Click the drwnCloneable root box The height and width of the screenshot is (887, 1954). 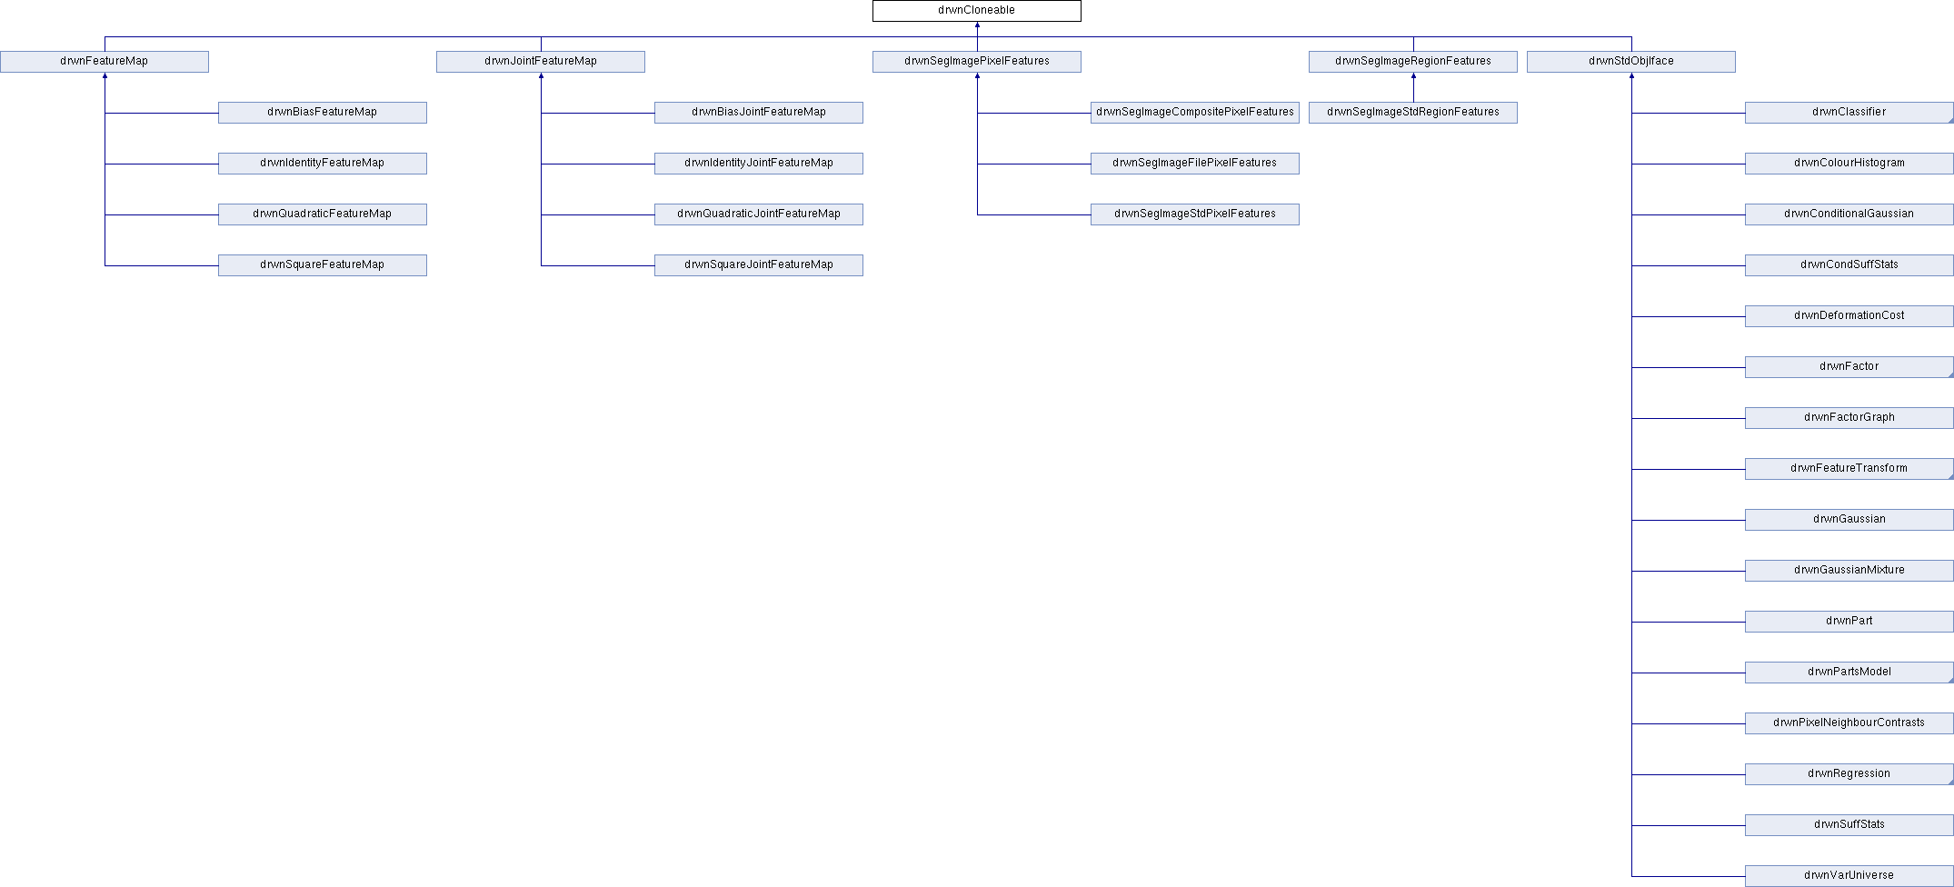tap(977, 11)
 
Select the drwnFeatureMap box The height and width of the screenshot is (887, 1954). tap(105, 62)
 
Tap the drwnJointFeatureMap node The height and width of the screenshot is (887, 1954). tap(541, 62)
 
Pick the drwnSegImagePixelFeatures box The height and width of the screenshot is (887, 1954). tap(977, 62)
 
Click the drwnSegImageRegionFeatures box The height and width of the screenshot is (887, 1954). tap(1413, 62)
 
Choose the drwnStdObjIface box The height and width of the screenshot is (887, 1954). tap(1631, 62)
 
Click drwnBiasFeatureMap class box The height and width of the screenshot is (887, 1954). tap(323, 113)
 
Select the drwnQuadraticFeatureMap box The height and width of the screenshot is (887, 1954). tap(323, 214)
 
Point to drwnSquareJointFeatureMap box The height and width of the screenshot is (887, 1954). tap(759, 265)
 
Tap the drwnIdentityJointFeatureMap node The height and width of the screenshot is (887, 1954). tap(759, 164)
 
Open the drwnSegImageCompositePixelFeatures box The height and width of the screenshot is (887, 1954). tap(1195, 113)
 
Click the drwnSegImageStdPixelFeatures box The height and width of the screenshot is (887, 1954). tap(1195, 214)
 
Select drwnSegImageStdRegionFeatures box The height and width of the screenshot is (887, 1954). tap(1413, 113)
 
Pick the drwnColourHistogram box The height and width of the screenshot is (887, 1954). tap(1849, 164)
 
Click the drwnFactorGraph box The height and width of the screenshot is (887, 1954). tap(1849, 418)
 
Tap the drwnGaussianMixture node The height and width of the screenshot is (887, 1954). tap(1849, 571)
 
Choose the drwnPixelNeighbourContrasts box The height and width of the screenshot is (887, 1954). tap(1849, 723)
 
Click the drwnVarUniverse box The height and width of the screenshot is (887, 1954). tap(1849, 876)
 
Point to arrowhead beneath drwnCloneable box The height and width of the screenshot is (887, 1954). tap(977, 25)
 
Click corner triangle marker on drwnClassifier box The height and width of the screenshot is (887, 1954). tap(1950, 120)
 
